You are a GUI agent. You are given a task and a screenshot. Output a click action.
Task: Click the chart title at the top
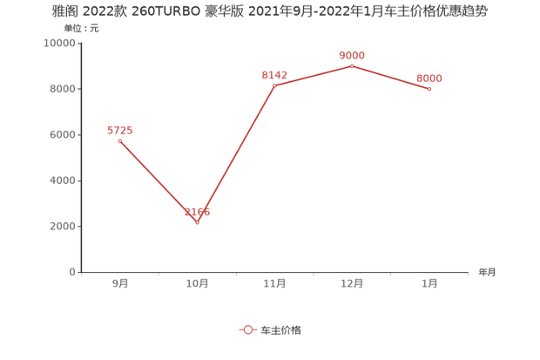[x=270, y=11]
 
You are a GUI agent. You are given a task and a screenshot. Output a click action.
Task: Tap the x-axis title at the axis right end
[x=486, y=272]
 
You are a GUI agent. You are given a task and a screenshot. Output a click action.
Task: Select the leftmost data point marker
[x=119, y=140]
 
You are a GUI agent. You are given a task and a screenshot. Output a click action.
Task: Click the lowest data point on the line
[x=197, y=222]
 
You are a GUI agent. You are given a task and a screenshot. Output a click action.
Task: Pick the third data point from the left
[x=274, y=85]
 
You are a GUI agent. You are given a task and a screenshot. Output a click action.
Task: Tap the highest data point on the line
[x=352, y=65]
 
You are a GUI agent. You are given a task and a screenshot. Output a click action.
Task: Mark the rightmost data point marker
[x=429, y=88]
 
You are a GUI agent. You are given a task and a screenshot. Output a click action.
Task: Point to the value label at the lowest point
[x=197, y=211]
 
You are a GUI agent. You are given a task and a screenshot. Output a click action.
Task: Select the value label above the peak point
[x=352, y=54]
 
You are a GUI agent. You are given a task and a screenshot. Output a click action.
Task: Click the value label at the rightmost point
[x=429, y=78]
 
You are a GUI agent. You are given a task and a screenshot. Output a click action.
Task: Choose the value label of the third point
[x=274, y=75]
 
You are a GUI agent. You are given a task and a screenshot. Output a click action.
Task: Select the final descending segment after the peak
[x=391, y=77]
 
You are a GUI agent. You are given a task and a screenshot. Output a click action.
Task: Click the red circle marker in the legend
[x=248, y=330]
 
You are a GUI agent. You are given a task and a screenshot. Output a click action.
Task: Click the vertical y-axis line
[x=80, y=157]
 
